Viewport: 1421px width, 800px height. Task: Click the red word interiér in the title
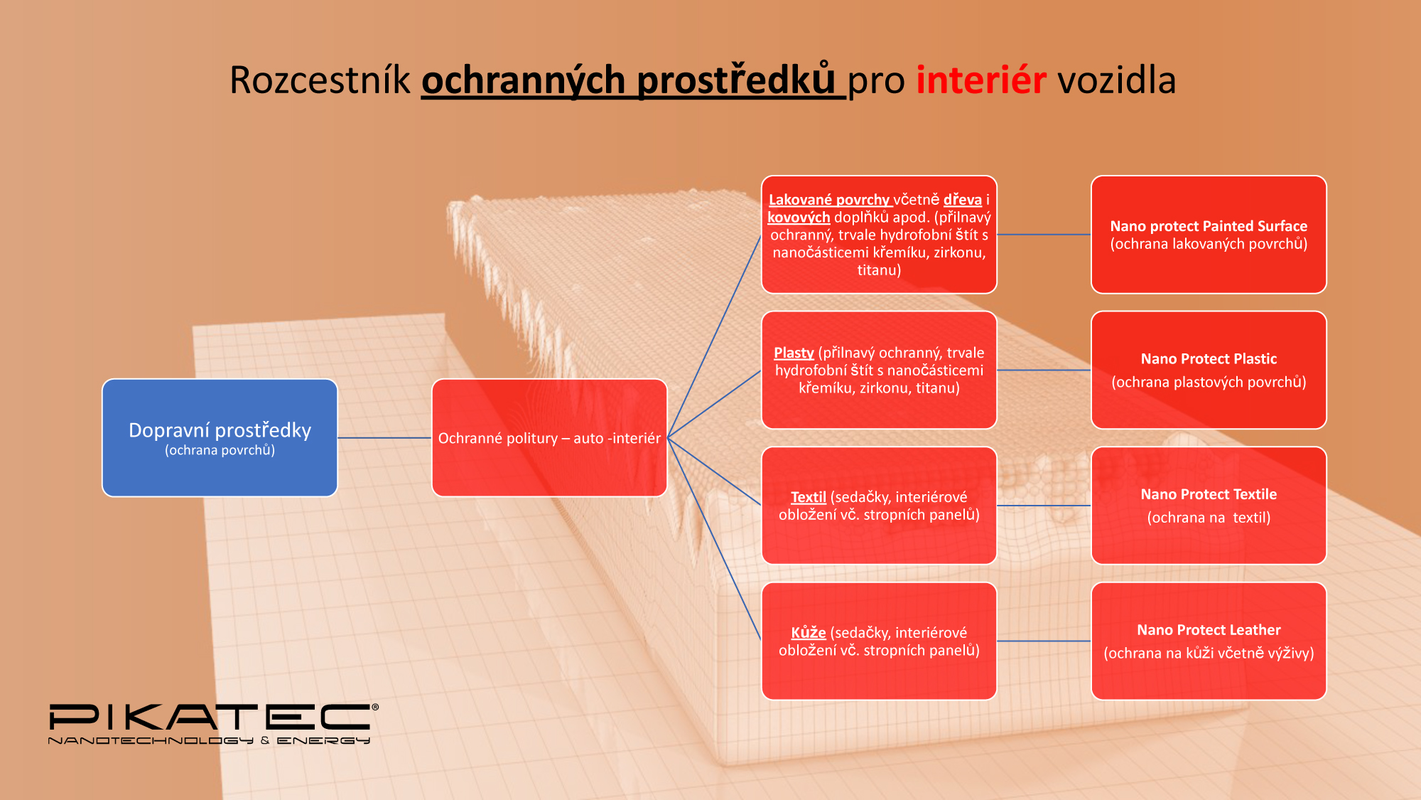pyautogui.click(x=981, y=80)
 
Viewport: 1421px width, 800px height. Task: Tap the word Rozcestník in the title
pyautogui.click(x=320, y=80)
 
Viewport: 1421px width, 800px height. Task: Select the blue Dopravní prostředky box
pyautogui.click(x=220, y=438)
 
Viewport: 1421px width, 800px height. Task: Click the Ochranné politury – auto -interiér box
pyautogui.click(x=549, y=438)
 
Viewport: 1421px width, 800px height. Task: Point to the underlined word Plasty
pyautogui.click(x=794, y=353)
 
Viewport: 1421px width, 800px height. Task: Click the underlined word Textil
pyautogui.click(x=809, y=497)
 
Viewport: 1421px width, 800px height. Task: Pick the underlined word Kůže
pyautogui.click(x=809, y=632)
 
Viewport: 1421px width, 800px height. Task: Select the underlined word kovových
pyautogui.click(x=799, y=217)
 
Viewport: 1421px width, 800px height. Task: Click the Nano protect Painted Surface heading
pyautogui.click(x=1209, y=226)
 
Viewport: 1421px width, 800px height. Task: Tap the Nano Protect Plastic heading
pyautogui.click(x=1209, y=359)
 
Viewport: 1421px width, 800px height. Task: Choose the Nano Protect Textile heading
pyautogui.click(x=1209, y=494)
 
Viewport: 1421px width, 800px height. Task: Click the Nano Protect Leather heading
pyautogui.click(x=1209, y=630)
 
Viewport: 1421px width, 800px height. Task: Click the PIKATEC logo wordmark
pyautogui.click(x=213, y=717)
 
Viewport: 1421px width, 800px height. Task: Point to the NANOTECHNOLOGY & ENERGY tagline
pyautogui.click(x=209, y=741)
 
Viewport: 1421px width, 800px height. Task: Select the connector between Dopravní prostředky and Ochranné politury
pyautogui.click(x=384, y=438)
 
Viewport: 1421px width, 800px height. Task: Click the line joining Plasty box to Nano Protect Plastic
pyautogui.click(x=1044, y=370)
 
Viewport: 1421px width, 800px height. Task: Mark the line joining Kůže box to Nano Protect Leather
pyautogui.click(x=1044, y=641)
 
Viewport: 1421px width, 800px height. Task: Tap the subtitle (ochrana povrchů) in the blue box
pyautogui.click(x=220, y=450)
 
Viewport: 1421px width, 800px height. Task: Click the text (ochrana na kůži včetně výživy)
pyautogui.click(x=1209, y=653)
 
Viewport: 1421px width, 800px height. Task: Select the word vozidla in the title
pyautogui.click(x=1117, y=80)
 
